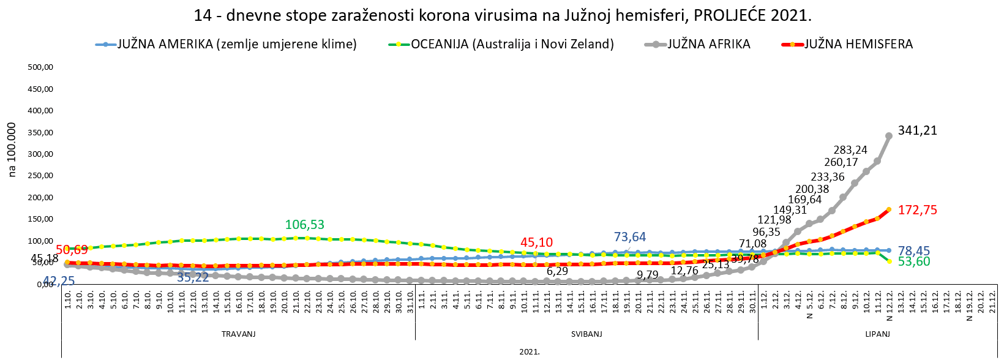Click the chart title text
(x=502, y=15)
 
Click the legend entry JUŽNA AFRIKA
(x=708, y=44)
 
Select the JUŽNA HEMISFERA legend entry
(x=858, y=44)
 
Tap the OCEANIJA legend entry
(x=512, y=44)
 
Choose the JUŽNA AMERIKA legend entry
(x=237, y=44)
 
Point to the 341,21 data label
(x=917, y=130)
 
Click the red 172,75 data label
(x=917, y=210)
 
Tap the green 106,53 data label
(x=305, y=225)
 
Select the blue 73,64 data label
(x=630, y=238)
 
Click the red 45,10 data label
(x=536, y=243)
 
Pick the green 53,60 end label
(x=914, y=262)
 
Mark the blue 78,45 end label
(x=914, y=251)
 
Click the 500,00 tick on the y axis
(x=41, y=67)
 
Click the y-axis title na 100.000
(x=12, y=150)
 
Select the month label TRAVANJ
(x=238, y=334)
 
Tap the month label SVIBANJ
(x=586, y=334)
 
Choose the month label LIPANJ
(x=877, y=334)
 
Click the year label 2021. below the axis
(x=530, y=352)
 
